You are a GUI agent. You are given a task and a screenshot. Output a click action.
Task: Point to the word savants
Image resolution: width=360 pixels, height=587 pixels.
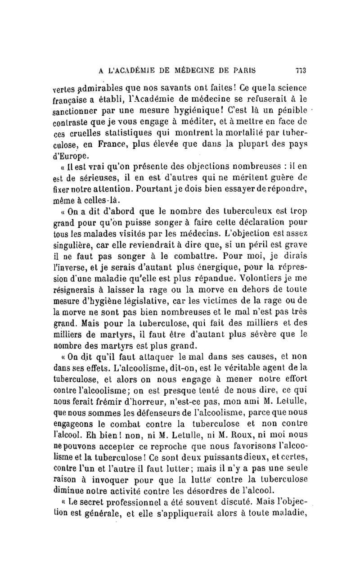[x=178, y=87]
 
